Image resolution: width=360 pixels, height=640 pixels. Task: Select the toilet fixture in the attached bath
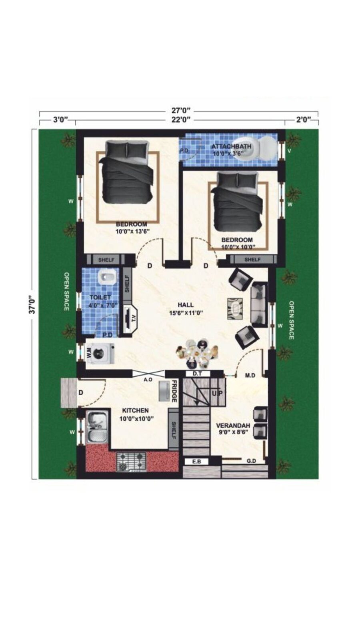pos(263,148)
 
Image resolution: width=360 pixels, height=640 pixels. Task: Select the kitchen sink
pos(96,428)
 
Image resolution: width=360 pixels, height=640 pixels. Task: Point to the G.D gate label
pos(251,461)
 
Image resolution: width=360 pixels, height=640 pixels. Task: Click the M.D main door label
pos(250,375)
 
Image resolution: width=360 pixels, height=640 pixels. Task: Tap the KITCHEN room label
pos(135,410)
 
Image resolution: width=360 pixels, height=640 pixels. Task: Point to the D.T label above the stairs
pos(197,373)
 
